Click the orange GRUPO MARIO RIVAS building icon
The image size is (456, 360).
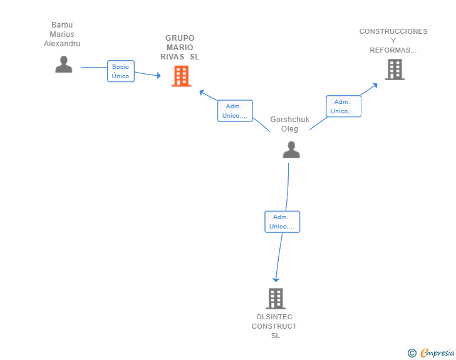point(181,76)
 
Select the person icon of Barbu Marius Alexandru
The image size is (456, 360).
point(64,64)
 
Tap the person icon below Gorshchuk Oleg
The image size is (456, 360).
point(291,150)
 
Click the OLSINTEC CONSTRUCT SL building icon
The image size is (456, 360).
point(276,299)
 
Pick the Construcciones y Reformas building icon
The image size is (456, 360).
point(395,69)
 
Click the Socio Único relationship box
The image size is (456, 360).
point(121,71)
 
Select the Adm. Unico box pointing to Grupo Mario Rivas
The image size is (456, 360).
point(235,111)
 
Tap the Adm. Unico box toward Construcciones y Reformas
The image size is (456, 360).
point(343,106)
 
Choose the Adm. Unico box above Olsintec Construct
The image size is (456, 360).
point(282,222)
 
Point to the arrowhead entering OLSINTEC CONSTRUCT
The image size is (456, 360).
point(276,280)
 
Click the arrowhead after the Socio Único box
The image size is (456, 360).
point(158,76)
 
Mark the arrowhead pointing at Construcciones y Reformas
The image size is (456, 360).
point(375,86)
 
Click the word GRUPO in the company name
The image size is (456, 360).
point(180,38)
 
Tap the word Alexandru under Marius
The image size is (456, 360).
point(62,44)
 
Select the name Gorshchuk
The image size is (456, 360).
point(289,119)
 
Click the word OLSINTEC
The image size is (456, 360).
point(274,317)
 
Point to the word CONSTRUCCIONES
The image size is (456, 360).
point(393,31)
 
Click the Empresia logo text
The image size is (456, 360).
point(437,352)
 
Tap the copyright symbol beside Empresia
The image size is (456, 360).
point(412,353)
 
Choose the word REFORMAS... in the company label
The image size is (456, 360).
point(393,50)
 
